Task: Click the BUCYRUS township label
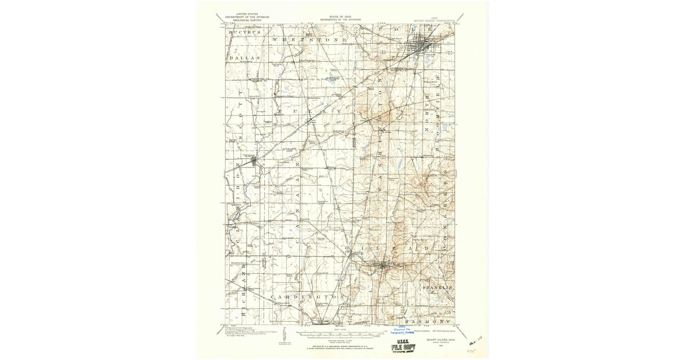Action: [245, 33]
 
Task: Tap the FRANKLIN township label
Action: [438, 287]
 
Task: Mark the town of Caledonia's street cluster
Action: [254, 162]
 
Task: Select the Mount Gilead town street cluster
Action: [383, 265]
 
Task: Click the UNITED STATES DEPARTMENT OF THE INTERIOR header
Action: [246, 17]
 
